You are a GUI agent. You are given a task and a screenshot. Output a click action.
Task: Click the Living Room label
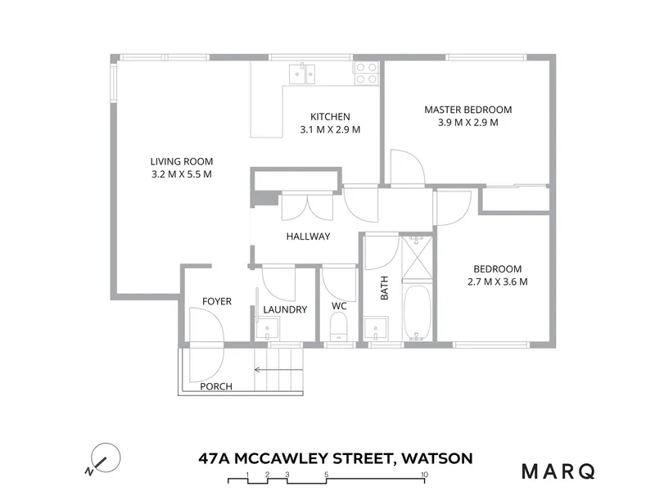click(x=182, y=161)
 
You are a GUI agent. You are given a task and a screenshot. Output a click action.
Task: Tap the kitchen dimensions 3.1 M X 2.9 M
click(x=330, y=129)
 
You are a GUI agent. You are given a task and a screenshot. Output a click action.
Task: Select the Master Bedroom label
click(x=468, y=110)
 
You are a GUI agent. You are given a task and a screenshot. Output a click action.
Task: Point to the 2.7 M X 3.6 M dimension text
click(x=498, y=282)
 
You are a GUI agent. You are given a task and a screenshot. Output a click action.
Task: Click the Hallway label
click(x=309, y=236)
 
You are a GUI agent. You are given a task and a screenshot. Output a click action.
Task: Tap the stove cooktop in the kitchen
click(x=366, y=73)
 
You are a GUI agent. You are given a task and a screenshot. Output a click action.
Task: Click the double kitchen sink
click(x=302, y=74)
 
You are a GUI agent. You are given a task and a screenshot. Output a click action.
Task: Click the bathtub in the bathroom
click(x=417, y=313)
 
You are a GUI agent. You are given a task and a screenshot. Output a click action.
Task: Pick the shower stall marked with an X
click(x=417, y=257)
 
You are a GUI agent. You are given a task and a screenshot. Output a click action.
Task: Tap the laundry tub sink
click(x=268, y=329)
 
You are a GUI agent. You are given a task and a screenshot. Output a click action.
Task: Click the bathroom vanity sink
click(x=376, y=329)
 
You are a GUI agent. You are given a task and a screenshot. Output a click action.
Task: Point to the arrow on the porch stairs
click(x=278, y=370)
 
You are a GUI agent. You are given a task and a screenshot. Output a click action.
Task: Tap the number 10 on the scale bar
click(x=424, y=475)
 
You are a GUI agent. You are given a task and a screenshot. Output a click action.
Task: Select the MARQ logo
click(x=558, y=471)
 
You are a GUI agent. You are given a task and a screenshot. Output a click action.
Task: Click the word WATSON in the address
click(x=437, y=458)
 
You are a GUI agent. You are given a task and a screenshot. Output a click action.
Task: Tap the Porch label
click(x=216, y=386)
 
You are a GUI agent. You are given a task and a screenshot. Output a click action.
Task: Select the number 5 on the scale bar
click(x=326, y=475)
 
